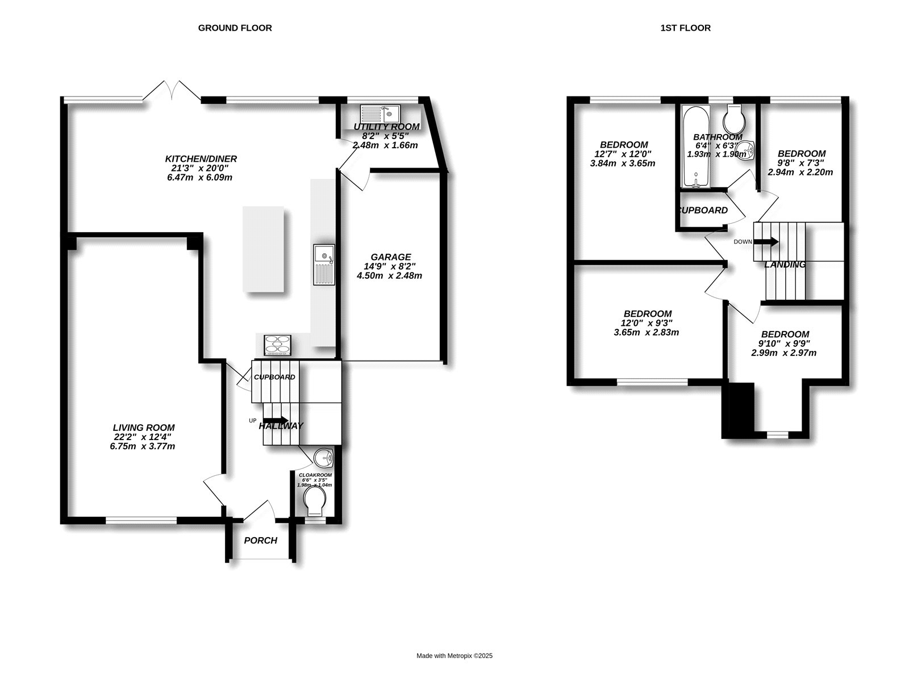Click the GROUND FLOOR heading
(x=235, y=28)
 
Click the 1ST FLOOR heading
(x=685, y=28)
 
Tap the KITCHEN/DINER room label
(x=201, y=158)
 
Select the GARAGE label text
(x=390, y=257)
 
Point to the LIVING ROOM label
(x=144, y=428)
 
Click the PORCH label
(x=260, y=540)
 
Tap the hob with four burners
(x=277, y=345)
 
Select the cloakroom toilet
(x=315, y=501)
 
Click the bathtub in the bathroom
(x=695, y=146)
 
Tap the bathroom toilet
(x=734, y=118)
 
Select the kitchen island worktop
(x=264, y=249)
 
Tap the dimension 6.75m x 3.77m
(x=142, y=446)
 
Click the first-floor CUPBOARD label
(x=703, y=210)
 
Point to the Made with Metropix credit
(x=454, y=656)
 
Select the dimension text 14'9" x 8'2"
(x=389, y=266)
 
